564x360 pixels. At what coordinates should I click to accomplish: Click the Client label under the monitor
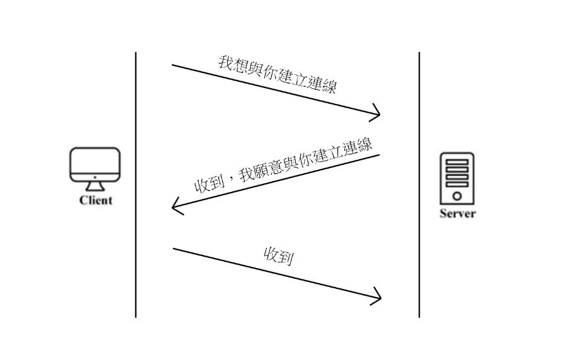[96, 201]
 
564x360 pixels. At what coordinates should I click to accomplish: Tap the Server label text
[457, 213]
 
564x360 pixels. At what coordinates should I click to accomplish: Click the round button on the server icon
[457, 196]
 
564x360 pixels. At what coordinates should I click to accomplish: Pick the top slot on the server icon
[457, 162]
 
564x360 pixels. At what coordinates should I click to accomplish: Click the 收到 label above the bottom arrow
[279, 256]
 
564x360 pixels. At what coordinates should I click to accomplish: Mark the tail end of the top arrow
[173, 65]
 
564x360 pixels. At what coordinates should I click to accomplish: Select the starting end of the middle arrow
[379, 155]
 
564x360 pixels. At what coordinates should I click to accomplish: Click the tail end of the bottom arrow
[174, 249]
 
